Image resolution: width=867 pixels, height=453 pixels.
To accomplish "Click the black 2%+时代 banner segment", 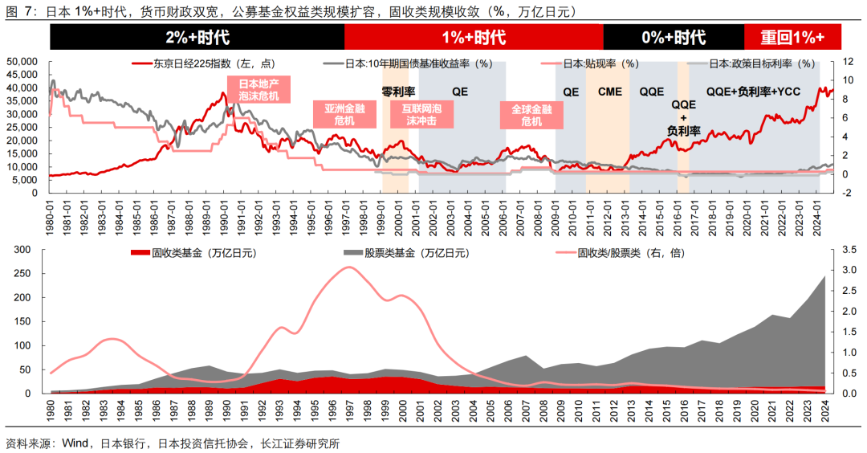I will tap(197, 37).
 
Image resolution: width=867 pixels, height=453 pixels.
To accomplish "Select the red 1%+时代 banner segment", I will tap(474, 37).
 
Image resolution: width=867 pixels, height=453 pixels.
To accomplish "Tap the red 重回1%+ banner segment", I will tap(793, 37).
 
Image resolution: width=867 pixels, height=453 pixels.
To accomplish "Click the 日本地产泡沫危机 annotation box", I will tap(258, 88).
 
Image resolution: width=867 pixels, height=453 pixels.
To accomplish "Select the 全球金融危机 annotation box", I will tap(527, 114).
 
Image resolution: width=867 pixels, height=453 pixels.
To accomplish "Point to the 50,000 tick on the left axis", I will tap(22, 62).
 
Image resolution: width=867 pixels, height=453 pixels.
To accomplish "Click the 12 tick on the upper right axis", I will tap(845, 62).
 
